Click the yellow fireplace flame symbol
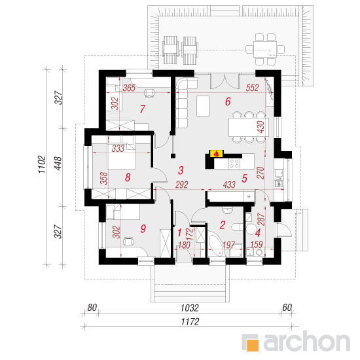(x=216, y=154)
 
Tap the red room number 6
(x=228, y=101)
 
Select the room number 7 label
(x=143, y=109)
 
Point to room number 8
(x=128, y=177)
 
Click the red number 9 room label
(x=143, y=228)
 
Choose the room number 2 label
(x=223, y=225)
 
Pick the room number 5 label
(x=245, y=178)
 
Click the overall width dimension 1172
(x=190, y=321)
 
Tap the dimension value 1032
(x=189, y=308)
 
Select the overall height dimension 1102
(x=42, y=164)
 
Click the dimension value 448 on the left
(x=58, y=163)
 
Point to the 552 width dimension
(x=252, y=88)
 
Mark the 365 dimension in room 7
(x=129, y=88)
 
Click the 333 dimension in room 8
(x=118, y=149)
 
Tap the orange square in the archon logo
(x=252, y=345)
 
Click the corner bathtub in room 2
(x=216, y=244)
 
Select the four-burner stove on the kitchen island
(x=234, y=163)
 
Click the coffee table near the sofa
(x=203, y=106)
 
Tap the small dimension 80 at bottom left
(x=92, y=308)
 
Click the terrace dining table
(x=265, y=49)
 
